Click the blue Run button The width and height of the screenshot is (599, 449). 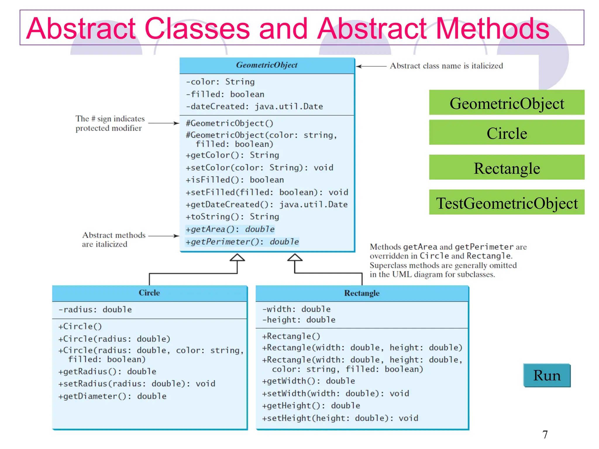(547, 375)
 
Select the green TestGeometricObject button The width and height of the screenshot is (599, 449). (507, 202)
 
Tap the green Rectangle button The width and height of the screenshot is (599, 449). (507, 167)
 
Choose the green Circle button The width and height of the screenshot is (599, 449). (507, 133)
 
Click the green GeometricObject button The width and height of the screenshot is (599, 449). (507, 103)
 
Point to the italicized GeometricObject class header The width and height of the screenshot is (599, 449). (267, 65)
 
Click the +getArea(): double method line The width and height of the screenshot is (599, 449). (230, 229)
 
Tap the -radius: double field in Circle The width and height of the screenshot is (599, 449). (95, 310)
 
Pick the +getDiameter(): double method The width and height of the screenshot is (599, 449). (112, 396)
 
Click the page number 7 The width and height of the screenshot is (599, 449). (545, 435)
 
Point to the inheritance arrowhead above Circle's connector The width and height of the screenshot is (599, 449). (237, 257)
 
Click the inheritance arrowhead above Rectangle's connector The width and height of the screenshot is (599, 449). (295, 257)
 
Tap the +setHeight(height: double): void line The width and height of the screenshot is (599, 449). (340, 418)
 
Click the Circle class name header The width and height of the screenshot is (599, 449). (149, 293)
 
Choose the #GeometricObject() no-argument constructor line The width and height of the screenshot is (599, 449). (230, 123)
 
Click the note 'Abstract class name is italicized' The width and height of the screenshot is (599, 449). (446, 66)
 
